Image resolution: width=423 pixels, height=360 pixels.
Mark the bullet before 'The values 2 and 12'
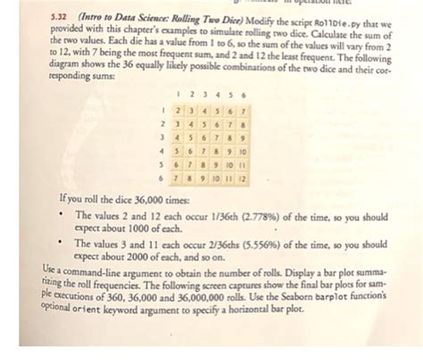pos(61,215)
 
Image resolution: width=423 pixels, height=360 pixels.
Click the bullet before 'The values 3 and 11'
pos(61,242)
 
